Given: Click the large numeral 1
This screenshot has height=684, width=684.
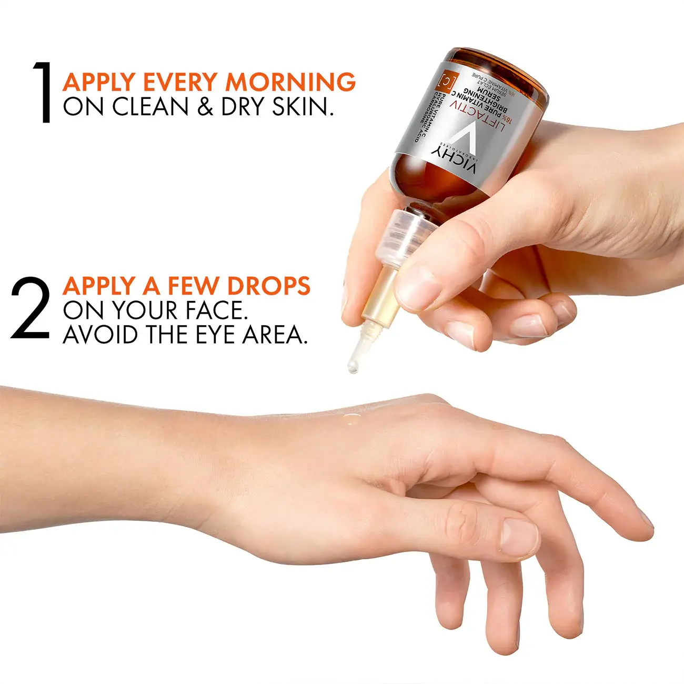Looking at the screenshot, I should point(43,93).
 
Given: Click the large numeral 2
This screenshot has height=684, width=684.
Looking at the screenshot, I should point(31,308).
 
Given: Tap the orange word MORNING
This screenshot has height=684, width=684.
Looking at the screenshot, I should point(290,82).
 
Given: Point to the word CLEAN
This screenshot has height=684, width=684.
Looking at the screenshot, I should point(149,107).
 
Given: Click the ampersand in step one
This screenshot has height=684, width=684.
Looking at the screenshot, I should point(205,107).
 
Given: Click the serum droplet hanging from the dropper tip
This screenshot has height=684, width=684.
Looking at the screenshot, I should point(352,366).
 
